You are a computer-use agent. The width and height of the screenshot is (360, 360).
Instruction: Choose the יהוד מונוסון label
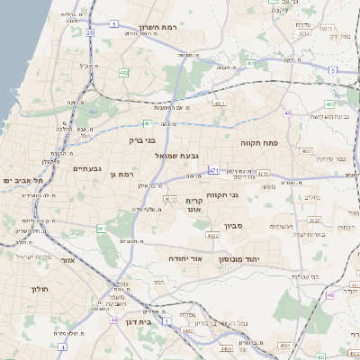click(238, 260)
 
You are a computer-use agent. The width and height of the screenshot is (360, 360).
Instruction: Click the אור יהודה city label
click(190, 257)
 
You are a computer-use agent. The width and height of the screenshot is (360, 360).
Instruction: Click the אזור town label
click(67, 260)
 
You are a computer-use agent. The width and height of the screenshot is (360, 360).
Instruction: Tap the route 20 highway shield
click(90, 32)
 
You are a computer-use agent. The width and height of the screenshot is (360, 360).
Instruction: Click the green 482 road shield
click(123, 73)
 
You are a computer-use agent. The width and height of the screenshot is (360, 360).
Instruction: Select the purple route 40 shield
click(288, 112)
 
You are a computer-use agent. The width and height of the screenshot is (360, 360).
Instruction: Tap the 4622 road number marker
click(213, 235)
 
